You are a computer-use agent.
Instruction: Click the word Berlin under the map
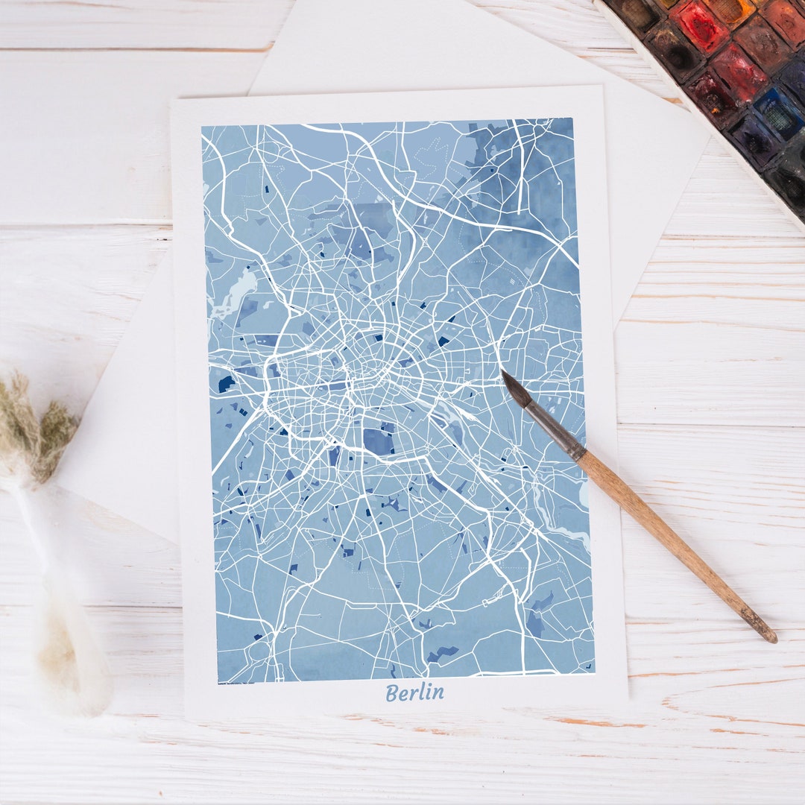click(x=414, y=692)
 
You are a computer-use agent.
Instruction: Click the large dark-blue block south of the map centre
click(x=379, y=441)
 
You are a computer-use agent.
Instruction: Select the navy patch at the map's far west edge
click(x=224, y=384)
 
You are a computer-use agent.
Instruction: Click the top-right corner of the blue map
click(x=572, y=119)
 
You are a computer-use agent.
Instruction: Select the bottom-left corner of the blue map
click(x=218, y=683)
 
